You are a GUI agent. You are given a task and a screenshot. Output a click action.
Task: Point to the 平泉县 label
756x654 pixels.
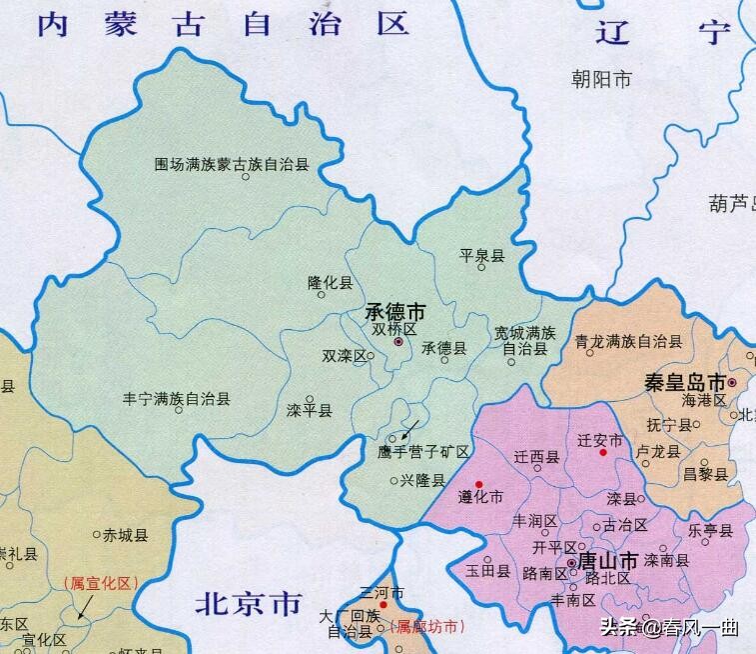[x=482, y=256]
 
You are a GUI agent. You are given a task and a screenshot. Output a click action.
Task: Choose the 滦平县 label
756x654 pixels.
[x=309, y=411]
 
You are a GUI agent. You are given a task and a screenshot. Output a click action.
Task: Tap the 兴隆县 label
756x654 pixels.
[x=422, y=480]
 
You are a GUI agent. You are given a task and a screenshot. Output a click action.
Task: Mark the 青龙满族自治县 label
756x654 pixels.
[x=628, y=341]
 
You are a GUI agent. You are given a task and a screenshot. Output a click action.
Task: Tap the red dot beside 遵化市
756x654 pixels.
[x=479, y=484]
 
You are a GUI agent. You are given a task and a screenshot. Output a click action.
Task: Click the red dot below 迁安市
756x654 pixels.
[x=602, y=452]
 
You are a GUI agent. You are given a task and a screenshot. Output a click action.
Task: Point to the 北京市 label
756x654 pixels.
[x=248, y=603]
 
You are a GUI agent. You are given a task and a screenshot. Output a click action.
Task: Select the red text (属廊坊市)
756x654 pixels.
[x=427, y=627]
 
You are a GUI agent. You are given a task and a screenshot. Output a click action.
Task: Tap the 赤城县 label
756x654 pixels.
[x=126, y=535]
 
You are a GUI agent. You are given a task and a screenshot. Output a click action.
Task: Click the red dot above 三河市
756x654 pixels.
[x=383, y=605]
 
